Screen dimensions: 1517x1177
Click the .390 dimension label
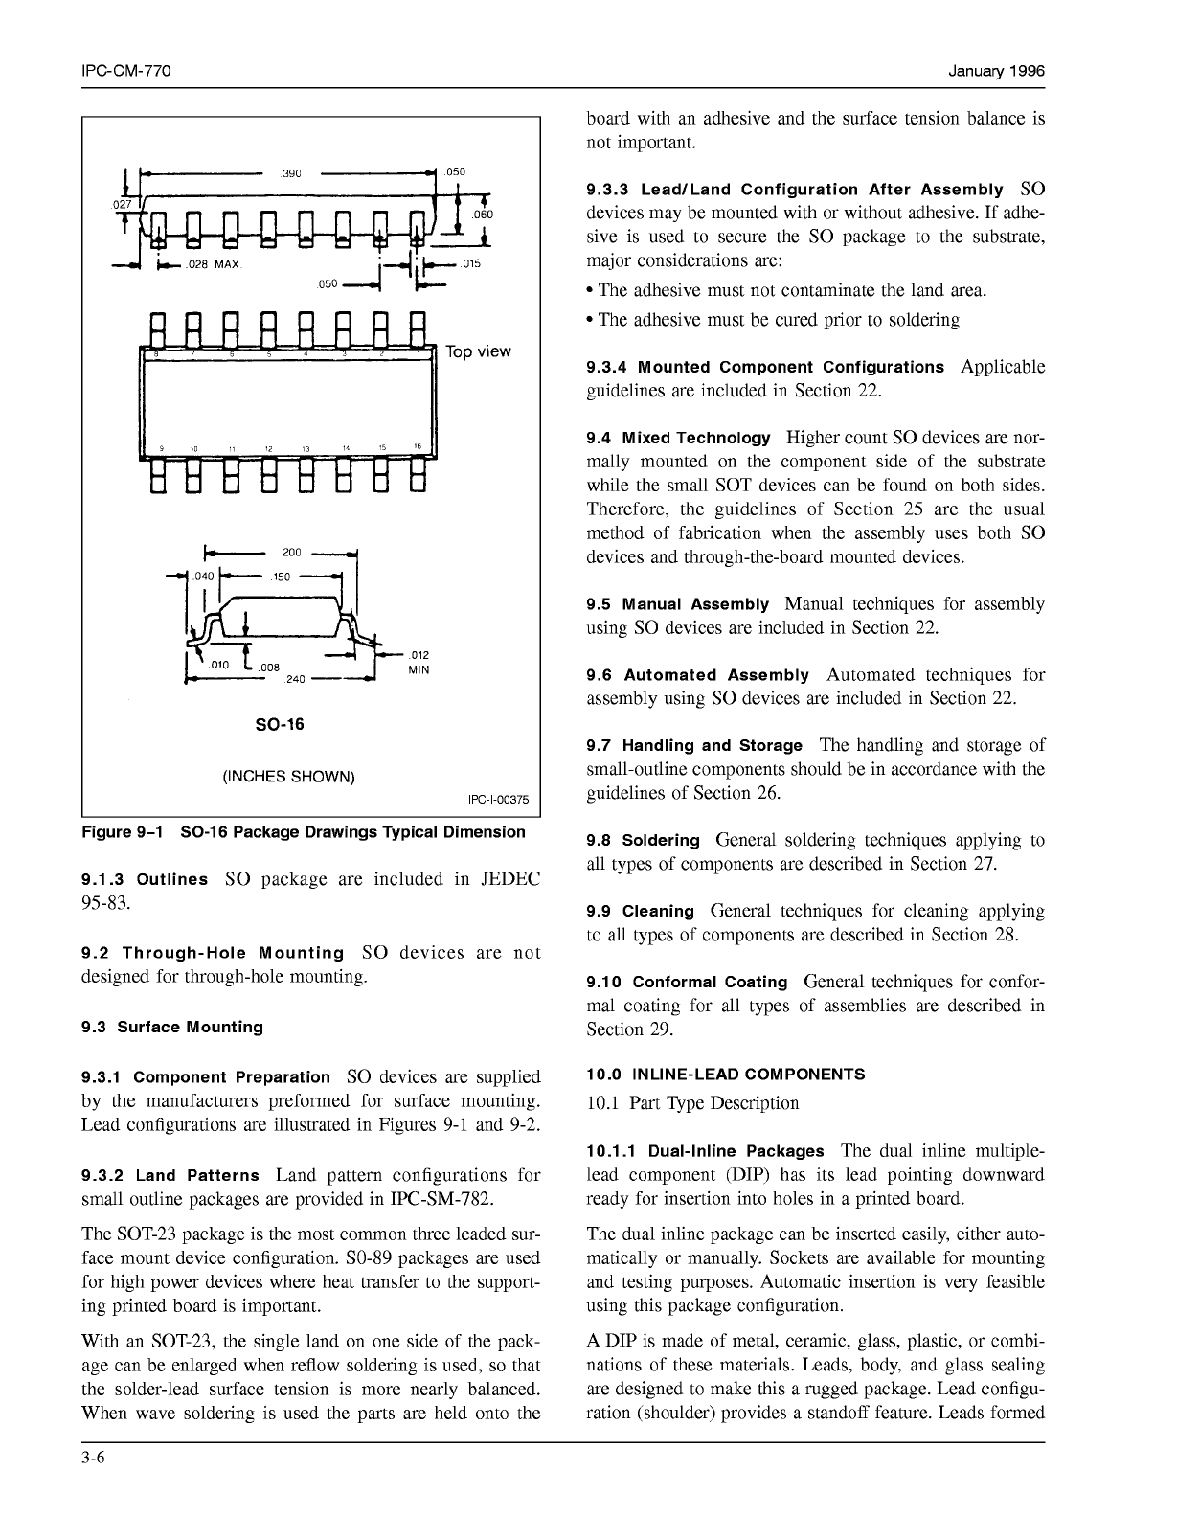[291, 173]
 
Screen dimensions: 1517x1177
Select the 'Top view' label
[479, 351]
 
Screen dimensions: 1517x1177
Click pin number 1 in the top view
[418, 354]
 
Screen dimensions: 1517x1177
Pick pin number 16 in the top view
[418, 446]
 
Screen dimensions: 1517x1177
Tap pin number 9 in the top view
[161, 448]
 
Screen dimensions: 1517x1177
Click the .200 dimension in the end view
[291, 553]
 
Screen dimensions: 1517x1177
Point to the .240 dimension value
[296, 679]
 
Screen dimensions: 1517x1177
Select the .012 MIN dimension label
[419, 662]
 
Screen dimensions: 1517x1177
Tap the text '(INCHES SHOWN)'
[288, 776]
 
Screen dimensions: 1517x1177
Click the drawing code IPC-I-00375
[498, 799]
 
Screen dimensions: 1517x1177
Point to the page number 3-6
[94, 1458]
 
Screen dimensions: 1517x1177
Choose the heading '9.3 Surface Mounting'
[172, 1027]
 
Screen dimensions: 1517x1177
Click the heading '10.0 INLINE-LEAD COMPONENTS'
[726, 1075]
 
